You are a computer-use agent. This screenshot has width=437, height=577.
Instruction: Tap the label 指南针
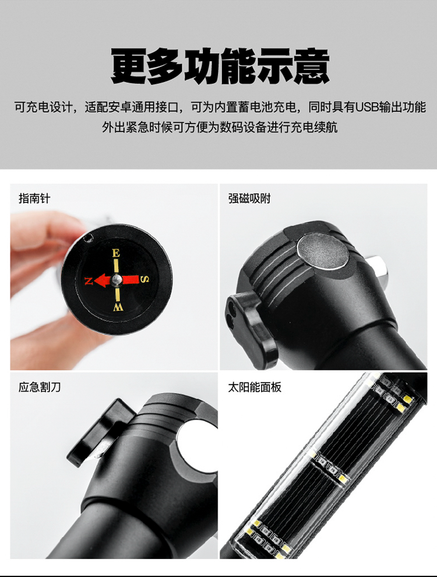pos(34,199)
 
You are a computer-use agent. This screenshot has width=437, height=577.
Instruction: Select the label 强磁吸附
pos(249,199)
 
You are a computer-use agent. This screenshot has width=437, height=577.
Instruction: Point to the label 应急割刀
pos(40,387)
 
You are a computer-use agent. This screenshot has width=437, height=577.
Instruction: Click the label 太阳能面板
pos(255,387)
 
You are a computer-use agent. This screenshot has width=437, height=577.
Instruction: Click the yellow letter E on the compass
pos(116,253)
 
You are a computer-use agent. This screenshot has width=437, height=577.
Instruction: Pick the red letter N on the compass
pos(89,281)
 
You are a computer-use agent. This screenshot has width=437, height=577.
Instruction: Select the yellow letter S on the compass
pos(145,279)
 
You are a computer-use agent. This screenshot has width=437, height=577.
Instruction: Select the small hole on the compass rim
pos(87,239)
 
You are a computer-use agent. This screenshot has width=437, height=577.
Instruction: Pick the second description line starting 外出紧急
pos(220,127)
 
